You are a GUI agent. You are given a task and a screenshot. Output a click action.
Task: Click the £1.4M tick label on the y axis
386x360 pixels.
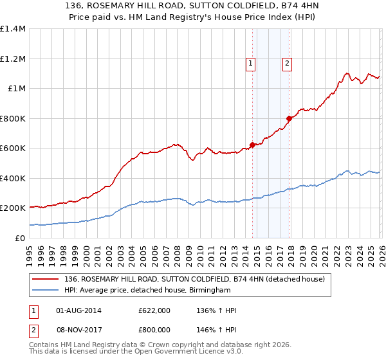[x=13, y=29]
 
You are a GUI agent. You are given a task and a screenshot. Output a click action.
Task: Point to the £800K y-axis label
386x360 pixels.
[x=13, y=118]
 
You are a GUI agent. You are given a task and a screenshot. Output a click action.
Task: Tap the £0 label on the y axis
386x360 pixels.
[x=21, y=238]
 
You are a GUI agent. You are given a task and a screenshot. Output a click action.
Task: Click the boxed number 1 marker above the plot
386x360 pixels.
[x=250, y=63]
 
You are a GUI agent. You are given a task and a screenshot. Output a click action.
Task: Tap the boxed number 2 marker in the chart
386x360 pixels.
[x=286, y=63]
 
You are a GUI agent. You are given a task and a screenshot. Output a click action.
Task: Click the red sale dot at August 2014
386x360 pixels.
[x=252, y=145]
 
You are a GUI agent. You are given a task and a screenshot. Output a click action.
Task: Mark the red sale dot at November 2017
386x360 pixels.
[x=289, y=118]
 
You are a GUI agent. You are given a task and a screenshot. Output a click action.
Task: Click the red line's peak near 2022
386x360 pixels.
[x=347, y=73]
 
